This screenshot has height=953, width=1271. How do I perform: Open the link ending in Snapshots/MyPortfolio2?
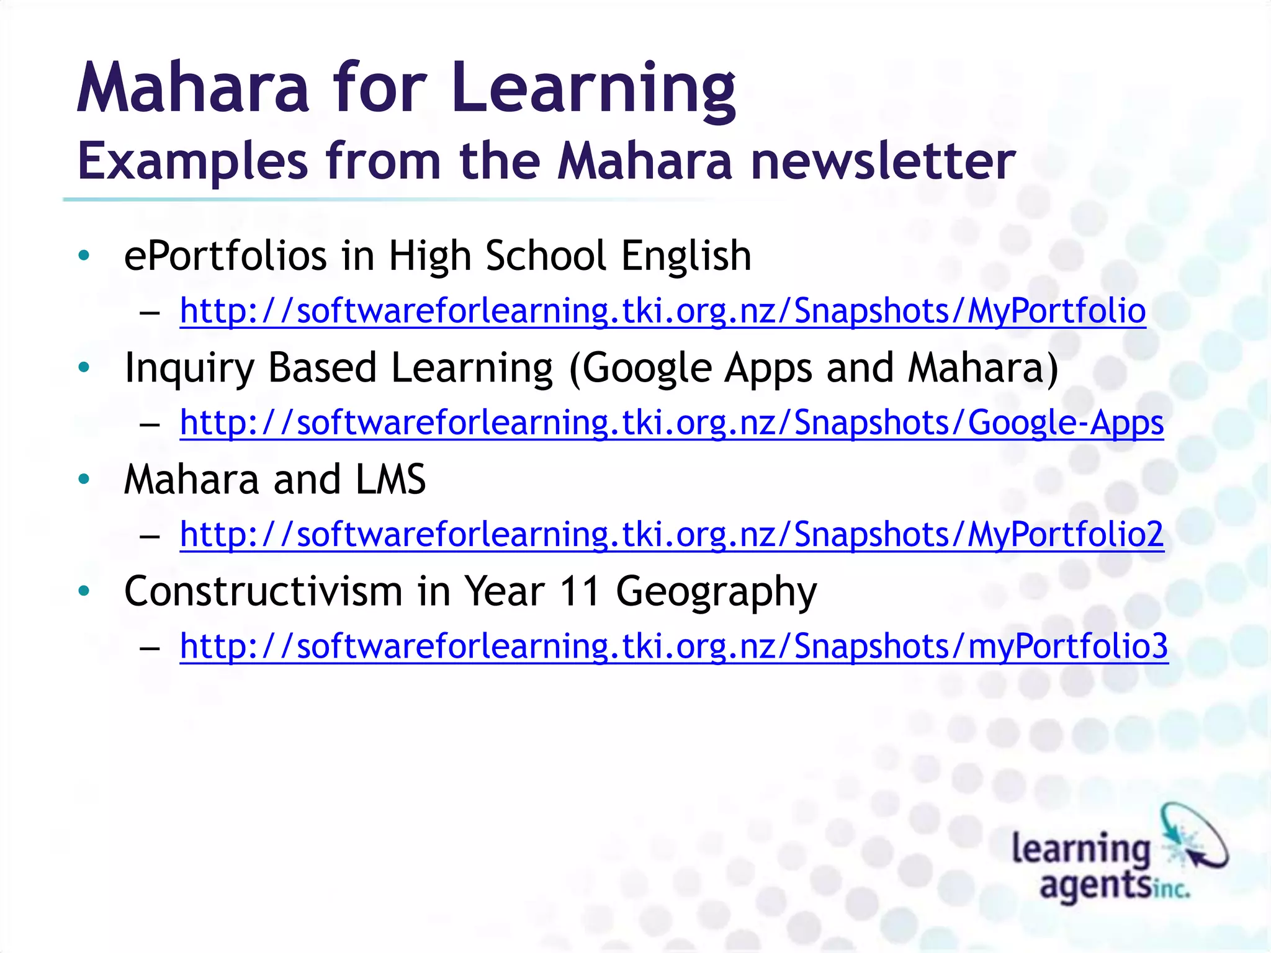[671, 534]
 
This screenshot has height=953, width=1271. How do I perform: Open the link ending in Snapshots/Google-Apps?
[671, 423]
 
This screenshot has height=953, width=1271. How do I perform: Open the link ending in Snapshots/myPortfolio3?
[674, 646]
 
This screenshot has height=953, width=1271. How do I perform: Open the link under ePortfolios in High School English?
[663, 310]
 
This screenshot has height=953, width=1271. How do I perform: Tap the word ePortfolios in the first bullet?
[225, 256]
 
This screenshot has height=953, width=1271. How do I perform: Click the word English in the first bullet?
[686, 256]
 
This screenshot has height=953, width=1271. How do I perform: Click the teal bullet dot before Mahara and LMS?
[84, 479]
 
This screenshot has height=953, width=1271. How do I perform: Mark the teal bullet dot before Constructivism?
[84, 591]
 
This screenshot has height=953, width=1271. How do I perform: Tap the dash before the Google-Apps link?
[150, 425]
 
